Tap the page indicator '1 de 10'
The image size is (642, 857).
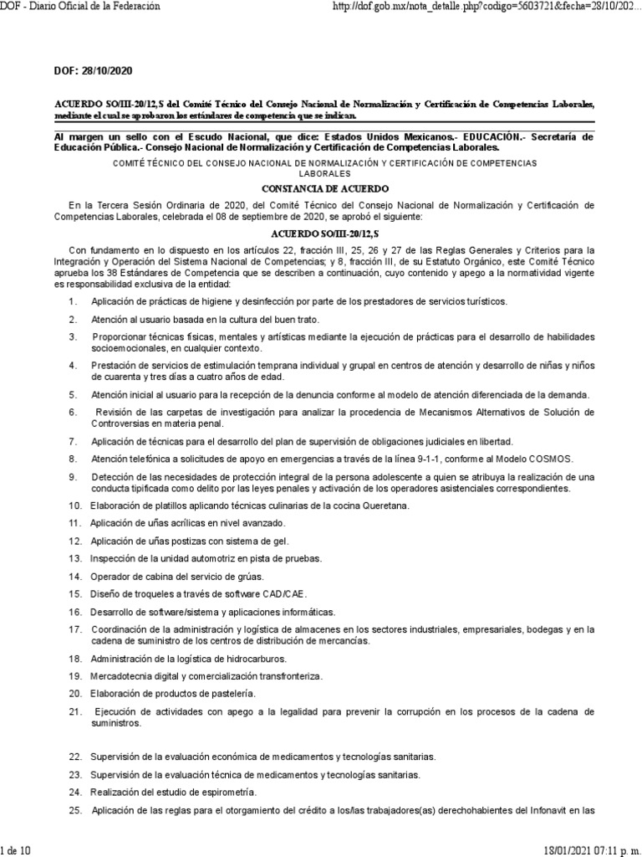pyautogui.click(x=17, y=849)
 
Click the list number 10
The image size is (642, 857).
pyautogui.click(x=74, y=505)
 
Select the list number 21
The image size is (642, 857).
pyautogui.click(x=74, y=711)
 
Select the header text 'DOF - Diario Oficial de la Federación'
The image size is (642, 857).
pyautogui.click(x=79, y=7)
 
